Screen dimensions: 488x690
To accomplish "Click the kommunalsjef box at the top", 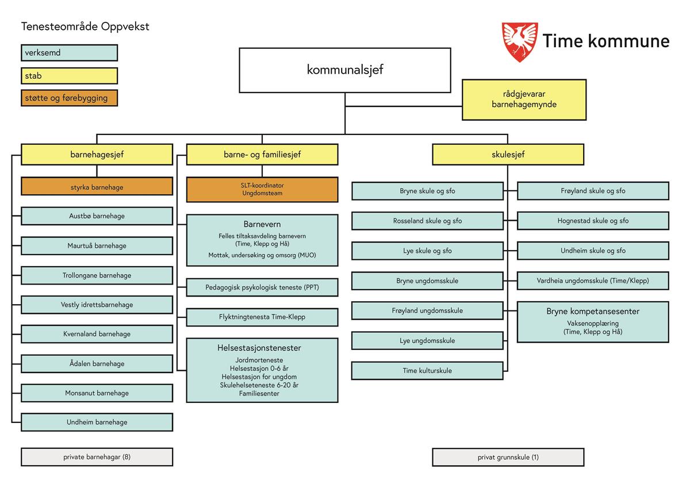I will (344, 70).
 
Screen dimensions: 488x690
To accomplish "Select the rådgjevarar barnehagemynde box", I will (524, 99).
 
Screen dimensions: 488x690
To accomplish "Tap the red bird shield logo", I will (520, 42).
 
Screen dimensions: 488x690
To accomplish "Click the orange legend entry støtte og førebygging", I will (69, 98).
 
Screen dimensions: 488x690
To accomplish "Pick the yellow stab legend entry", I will (69, 75).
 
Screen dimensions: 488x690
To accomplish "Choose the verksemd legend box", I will (69, 53).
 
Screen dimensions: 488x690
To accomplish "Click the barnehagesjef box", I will (97, 154).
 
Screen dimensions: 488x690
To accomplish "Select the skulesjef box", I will (508, 154).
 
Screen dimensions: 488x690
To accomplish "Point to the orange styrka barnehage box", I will (97, 187).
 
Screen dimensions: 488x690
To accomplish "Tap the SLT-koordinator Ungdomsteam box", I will (262, 190).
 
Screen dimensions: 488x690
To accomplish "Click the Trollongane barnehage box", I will (97, 275).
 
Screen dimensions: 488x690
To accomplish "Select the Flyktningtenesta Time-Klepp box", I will (262, 317).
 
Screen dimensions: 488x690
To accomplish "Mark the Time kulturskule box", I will (427, 371).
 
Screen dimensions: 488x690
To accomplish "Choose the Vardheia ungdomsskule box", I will (593, 280).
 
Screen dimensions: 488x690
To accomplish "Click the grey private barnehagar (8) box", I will (97, 457).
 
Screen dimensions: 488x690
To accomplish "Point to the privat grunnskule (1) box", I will (508, 458).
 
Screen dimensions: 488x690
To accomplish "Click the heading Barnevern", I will (262, 224).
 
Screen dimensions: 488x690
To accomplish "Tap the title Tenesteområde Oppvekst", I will (85, 26).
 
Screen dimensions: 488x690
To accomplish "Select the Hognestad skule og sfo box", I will (593, 221).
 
